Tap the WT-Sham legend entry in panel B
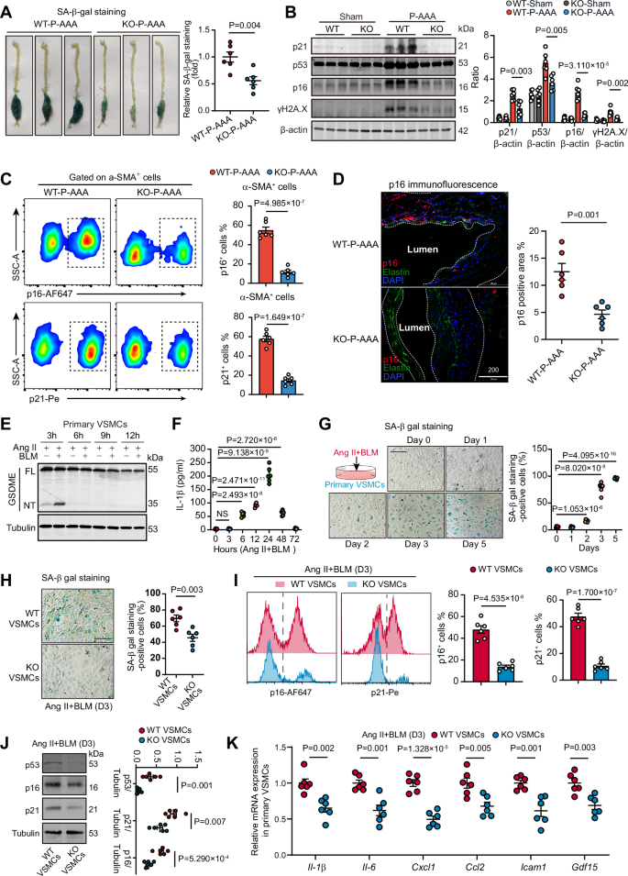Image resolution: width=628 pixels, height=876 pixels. [x=531, y=7]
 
